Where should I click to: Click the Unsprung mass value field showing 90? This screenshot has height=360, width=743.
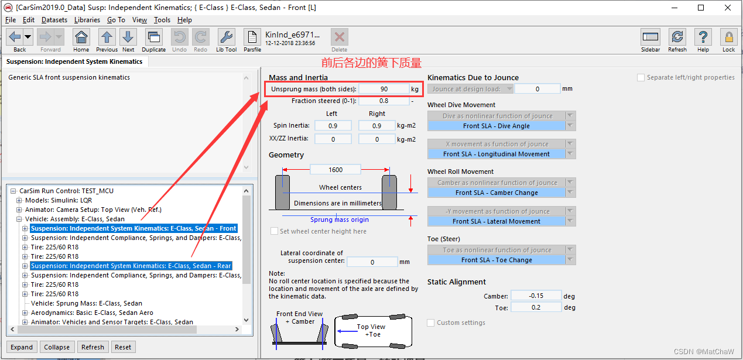[x=384, y=89]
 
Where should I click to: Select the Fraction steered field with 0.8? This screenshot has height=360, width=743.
[x=384, y=101]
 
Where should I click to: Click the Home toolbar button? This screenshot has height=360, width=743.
[x=81, y=40]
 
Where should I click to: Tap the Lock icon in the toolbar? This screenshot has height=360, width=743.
[x=729, y=40]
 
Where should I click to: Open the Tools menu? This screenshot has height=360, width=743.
[x=162, y=20]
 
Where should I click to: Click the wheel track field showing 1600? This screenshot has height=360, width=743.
[x=335, y=170]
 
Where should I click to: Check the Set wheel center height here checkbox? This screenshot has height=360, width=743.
[x=275, y=231]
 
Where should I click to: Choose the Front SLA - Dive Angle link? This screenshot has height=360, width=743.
[x=497, y=126]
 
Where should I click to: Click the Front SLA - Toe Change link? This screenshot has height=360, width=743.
[x=497, y=260]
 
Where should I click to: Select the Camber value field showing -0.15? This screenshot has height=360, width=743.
[x=536, y=296]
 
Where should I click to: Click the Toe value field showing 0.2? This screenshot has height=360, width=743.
[x=536, y=307]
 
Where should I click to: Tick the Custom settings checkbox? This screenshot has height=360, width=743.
[x=430, y=323]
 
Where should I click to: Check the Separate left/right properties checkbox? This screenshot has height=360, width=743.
[x=641, y=77]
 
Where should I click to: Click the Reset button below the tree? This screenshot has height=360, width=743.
[x=123, y=347]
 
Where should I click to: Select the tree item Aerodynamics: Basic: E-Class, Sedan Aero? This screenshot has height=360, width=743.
[x=92, y=313]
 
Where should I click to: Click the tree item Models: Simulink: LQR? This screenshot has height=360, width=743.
[x=59, y=200]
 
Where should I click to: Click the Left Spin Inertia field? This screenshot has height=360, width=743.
[x=333, y=126]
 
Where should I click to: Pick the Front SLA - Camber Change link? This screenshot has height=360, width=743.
[x=497, y=193]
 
